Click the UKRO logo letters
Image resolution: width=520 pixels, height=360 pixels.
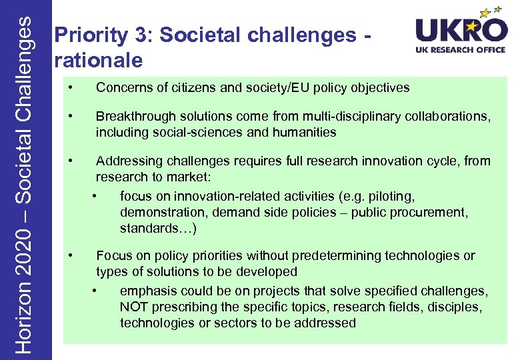460,31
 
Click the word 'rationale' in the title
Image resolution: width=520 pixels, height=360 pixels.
99,61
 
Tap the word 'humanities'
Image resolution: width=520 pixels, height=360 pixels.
305,132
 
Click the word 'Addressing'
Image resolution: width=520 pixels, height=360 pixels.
126,161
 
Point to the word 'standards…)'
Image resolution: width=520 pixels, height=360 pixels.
158,228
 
